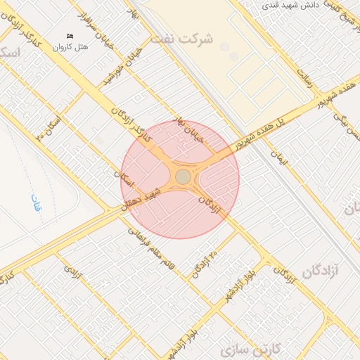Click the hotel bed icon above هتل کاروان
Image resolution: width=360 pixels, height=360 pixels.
[69, 36]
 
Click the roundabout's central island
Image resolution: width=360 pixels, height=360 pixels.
[182, 176]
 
